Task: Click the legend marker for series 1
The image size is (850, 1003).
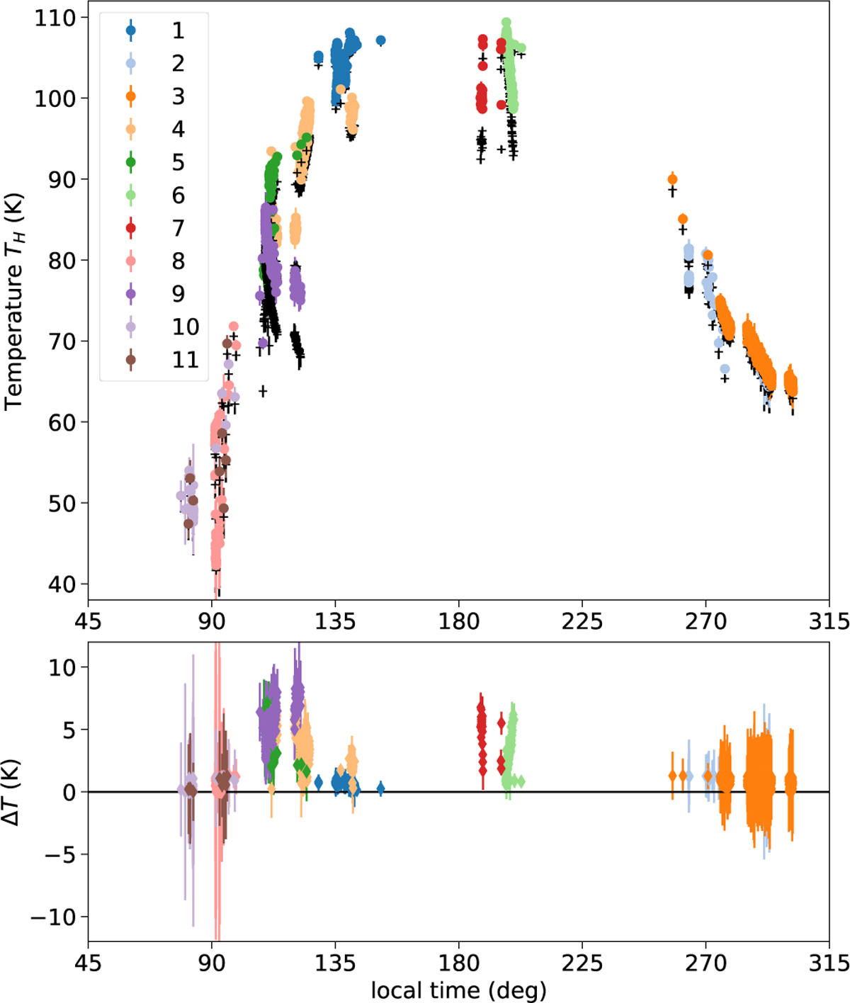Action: click(x=131, y=30)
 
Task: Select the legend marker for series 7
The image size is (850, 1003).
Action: click(x=131, y=228)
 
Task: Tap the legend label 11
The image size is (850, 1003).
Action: click(x=185, y=360)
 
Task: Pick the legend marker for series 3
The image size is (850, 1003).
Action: click(x=131, y=96)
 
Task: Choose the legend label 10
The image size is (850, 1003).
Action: click(x=185, y=327)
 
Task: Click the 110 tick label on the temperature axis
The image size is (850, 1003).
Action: click(x=56, y=18)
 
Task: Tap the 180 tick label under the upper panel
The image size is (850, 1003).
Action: click(x=458, y=621)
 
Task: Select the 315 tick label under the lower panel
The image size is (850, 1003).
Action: click(x=829, y=963)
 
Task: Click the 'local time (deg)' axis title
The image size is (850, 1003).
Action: click(x=458, y=990)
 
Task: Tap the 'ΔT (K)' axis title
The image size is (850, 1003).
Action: click(x=13, y=792)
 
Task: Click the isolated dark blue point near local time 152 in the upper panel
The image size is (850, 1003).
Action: click(x=380, y=40)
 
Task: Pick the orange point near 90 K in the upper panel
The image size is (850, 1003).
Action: click(x=672, y=179)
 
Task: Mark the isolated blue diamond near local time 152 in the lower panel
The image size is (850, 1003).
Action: click(x=380, y=788)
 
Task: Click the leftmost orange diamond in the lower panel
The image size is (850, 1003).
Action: click(x=672, y=776)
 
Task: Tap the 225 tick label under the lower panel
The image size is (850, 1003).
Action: click(x=582, y=963)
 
